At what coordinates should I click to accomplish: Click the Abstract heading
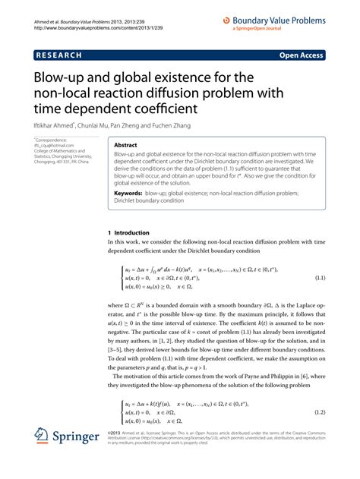[x=126, y=145]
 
